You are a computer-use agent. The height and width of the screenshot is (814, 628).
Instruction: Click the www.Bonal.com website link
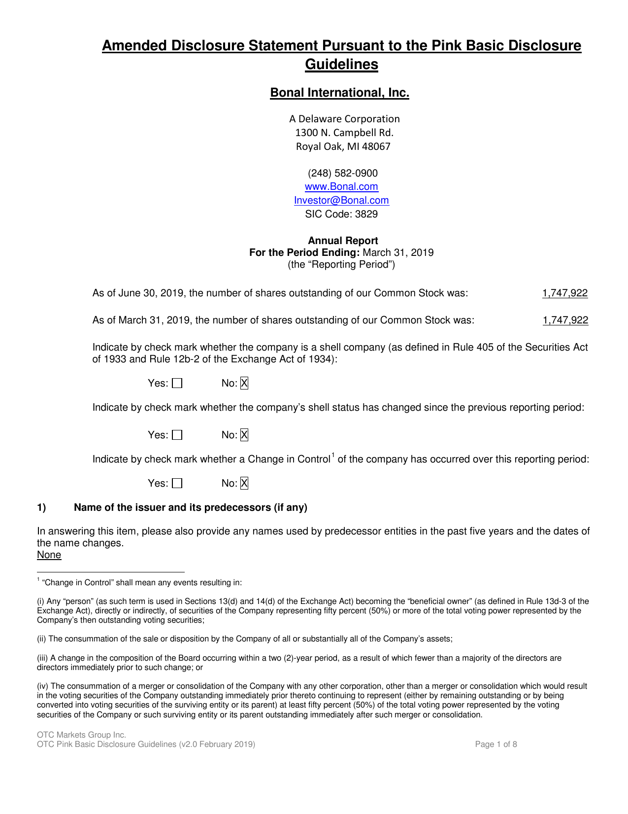click(341, 187)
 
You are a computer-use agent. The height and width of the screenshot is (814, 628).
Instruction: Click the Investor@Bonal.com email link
click(341, 201)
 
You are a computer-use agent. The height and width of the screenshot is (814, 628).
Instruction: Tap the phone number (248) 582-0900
click(343, 174)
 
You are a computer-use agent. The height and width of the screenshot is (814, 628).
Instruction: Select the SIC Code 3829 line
click(341, 214)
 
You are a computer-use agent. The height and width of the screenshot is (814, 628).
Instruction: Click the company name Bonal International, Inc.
click(339, 93)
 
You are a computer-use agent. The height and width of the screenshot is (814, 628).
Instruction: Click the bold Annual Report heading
click(343, 241)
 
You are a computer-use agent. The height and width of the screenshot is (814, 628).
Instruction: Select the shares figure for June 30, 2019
click(565, 293)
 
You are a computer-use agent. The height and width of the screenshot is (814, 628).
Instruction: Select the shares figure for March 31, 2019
click(565, 320)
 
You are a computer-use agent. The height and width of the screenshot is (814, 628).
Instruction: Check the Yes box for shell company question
click(177, 384)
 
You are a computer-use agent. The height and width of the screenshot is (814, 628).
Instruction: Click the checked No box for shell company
click(244, 384)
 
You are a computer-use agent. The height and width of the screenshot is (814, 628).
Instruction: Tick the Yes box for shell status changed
click(177, 435)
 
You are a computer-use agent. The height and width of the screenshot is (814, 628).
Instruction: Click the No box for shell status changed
click(244, 435)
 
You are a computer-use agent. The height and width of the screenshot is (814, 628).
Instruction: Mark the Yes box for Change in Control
click(177, 484)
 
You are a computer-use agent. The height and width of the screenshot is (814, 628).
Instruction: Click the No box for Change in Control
click(244, 483)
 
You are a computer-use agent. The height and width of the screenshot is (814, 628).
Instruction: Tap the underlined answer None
click(49, 555)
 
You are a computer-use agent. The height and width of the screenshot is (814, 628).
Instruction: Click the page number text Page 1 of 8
click(496, 744)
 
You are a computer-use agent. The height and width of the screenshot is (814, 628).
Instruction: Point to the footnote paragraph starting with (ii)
click(245, 639)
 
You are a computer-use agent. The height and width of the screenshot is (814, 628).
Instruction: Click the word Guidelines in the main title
click(341, 65)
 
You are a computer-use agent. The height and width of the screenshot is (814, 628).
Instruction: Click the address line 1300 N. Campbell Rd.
click(344, 133)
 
